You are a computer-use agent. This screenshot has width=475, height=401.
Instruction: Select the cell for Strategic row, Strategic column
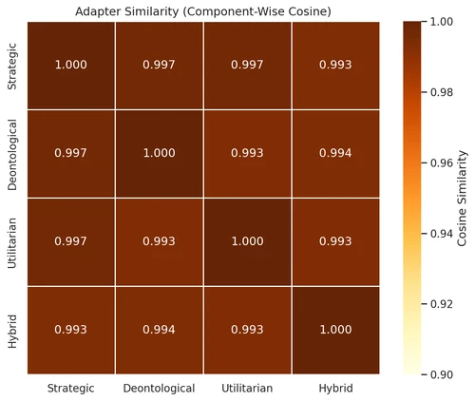point(71,64)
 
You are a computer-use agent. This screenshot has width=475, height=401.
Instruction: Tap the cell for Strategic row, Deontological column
point(159,64)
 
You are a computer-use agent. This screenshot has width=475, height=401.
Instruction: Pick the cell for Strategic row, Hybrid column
point(335,64)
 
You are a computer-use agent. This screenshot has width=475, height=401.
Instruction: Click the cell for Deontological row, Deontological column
point(159,153)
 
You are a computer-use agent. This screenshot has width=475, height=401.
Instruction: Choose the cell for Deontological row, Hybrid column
point(335,153)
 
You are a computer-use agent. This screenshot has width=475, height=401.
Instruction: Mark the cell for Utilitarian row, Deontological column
point(159,241)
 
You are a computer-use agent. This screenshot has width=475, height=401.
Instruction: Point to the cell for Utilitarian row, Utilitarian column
point(247,241)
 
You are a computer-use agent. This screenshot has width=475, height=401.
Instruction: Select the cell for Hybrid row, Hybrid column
point(335,330)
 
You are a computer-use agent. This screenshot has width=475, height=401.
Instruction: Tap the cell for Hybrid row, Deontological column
point(159,330)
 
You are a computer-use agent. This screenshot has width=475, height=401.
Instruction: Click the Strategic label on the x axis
point(71,388)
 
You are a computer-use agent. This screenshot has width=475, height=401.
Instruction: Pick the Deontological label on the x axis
point(159,388)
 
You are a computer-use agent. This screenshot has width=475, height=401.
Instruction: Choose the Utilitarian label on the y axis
point(13,241)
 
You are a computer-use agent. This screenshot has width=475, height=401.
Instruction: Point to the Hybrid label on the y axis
point(13,330)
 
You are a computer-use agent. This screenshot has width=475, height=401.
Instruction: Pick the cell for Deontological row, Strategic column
point(71,153)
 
